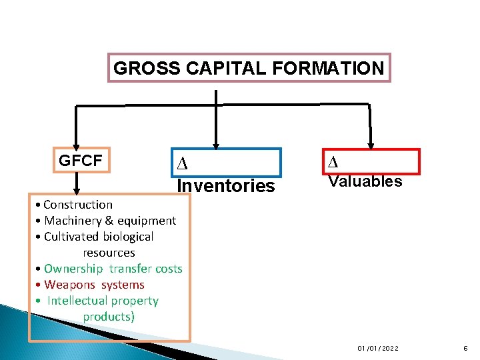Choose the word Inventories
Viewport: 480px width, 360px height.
click(225, 185)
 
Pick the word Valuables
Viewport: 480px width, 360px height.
click(365, 181)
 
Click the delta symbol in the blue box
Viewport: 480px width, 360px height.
click(181, 164)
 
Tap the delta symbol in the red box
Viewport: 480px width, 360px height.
click(333, 161)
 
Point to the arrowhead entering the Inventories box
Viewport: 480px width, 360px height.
click(215, 143)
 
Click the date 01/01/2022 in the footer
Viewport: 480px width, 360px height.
click(377, 349)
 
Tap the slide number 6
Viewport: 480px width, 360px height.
click(464, 349)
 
